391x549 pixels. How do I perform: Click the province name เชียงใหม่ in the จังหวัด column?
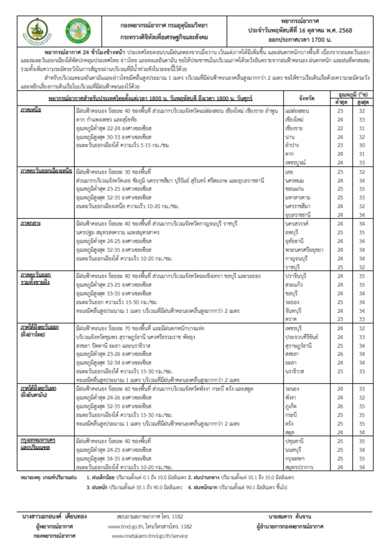coord(295,119)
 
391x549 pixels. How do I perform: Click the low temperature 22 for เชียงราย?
coord(340,128)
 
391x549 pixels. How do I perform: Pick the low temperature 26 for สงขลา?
coord(340,354)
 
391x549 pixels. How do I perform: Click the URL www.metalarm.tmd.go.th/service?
coord(150,536)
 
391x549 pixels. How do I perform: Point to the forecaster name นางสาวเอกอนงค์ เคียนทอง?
coord(54,516)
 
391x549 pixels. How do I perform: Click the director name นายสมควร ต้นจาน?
coord(289,516)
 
